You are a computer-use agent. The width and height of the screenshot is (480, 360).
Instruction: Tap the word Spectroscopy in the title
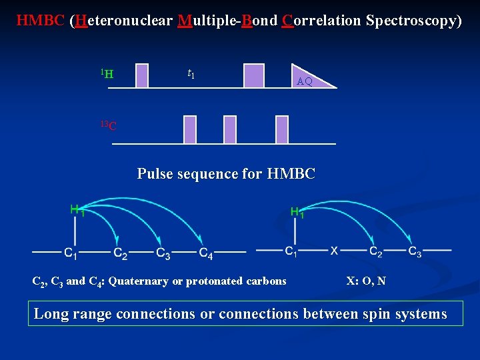[413, 21]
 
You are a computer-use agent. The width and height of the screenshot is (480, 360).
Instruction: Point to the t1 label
[191, 73]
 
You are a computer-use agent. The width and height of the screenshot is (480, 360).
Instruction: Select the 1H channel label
[107, 73]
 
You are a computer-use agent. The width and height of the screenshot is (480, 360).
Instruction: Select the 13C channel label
[108, 125]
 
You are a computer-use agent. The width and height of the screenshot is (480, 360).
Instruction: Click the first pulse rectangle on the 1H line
[141, 75]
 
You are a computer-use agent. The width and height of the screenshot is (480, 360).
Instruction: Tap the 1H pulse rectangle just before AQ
[253, 75]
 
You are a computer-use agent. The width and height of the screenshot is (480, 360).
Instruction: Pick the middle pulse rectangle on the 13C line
[230, 129]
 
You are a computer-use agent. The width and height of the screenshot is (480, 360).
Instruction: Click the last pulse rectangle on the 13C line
[281, 129]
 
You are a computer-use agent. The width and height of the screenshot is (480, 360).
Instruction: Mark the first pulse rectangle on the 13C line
[190, 129]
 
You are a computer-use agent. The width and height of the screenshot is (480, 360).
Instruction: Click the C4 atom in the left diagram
[206, 253]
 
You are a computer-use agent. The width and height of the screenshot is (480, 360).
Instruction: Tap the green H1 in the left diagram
[77, 211]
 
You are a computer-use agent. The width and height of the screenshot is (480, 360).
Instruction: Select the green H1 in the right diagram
[297, 213]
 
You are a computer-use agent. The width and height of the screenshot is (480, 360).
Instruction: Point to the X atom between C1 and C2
[335, 251]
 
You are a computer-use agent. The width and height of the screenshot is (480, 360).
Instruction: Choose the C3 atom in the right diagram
[414, 252]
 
